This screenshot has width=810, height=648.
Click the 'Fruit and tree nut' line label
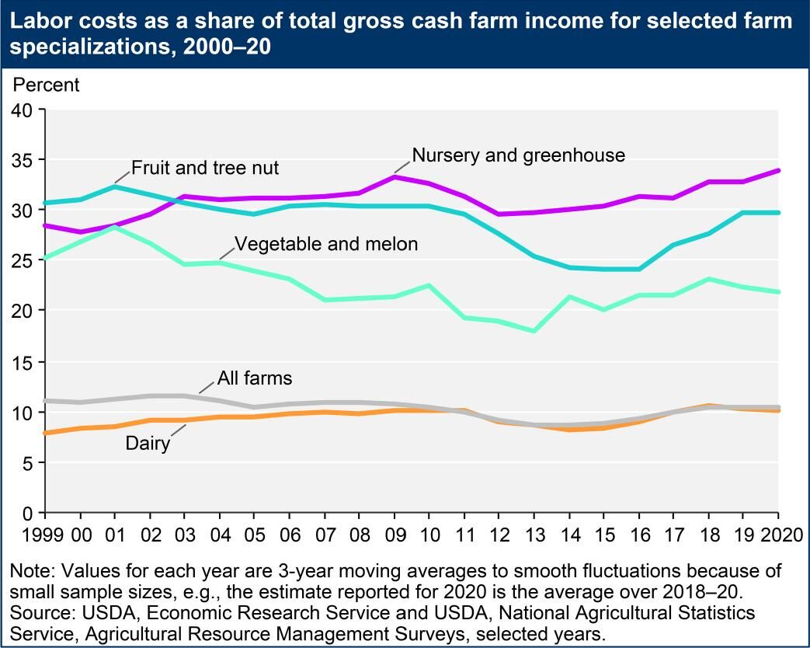tap(205, 168)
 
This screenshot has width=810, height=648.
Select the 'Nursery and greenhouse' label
tap(518, 155)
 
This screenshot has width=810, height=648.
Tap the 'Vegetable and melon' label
tap(326, 244)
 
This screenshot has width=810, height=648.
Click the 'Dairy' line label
tap(148, 445)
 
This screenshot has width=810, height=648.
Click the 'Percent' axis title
tap(47, 85)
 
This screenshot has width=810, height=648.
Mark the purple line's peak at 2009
tap(395, 177)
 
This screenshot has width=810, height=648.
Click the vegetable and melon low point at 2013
tap(535, 331)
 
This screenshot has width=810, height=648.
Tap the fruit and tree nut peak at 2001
tap(115, 186)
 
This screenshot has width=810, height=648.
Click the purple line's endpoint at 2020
tap(778, 171)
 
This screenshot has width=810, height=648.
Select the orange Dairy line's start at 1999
tap(45, 433)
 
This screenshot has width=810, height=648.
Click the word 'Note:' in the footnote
tap(32, 571)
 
